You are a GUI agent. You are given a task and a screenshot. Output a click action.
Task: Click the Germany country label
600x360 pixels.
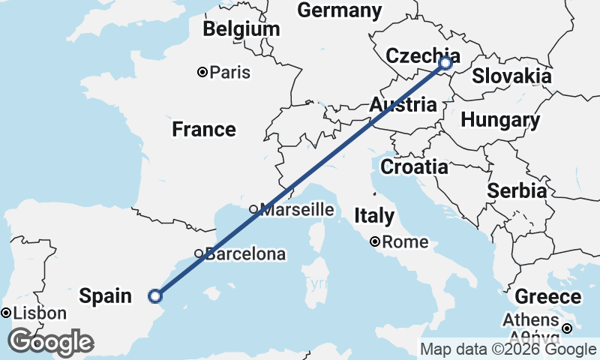tap(340, 10)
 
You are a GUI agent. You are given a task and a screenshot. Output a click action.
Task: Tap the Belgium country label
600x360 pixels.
tap(241, 29)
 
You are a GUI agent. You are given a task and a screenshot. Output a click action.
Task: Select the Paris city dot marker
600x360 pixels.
tap(202, 72)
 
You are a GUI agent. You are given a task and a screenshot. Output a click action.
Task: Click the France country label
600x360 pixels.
tap(204, 130)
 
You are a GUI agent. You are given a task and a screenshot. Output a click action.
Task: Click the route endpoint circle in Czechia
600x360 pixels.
tap(445, 63)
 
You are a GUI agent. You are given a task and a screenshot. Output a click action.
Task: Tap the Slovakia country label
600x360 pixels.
tap(511, 76)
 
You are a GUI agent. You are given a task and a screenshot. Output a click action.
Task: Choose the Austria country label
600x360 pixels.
tap(403, 106)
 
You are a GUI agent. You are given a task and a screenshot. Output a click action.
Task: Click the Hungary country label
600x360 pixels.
tap(500, 120)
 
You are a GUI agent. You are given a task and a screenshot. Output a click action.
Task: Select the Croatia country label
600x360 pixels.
tap(414, 166)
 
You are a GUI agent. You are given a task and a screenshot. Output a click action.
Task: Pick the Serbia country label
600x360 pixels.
tap(517, 191)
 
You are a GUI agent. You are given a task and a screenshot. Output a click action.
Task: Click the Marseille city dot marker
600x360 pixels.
tap(253, 209)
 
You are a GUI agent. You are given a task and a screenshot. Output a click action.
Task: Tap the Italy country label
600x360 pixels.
tap(374, 217)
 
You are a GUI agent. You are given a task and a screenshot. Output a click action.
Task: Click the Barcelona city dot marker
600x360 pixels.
tap(199, 253)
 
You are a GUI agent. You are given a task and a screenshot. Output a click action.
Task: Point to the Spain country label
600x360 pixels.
tap(106, 296)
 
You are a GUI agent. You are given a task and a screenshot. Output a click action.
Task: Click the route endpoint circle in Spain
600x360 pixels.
tap(154, 295)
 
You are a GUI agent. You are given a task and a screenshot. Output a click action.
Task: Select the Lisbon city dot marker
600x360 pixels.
tap(6, 313)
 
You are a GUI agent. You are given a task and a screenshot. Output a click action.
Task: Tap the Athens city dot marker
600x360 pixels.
tap(568, 328)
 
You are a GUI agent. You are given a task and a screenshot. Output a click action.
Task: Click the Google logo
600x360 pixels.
tap(51, 342)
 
